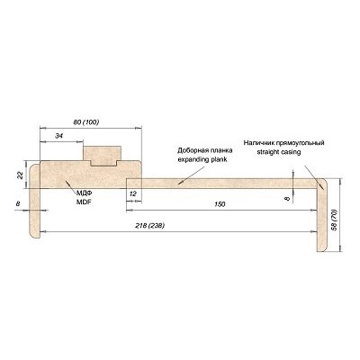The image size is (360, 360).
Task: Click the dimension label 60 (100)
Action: tap(86, 122)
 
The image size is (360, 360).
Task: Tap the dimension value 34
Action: tap(59, 136)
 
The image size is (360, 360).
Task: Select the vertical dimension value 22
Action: tap(21, 175)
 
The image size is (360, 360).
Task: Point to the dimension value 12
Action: tap(132, 193)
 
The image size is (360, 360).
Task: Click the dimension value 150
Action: tap(220, 204)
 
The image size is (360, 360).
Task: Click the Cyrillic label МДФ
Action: tap(84, 195)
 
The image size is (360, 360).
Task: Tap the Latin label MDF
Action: tap(84, 202)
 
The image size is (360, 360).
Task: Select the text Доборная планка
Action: tap(205, 150)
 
